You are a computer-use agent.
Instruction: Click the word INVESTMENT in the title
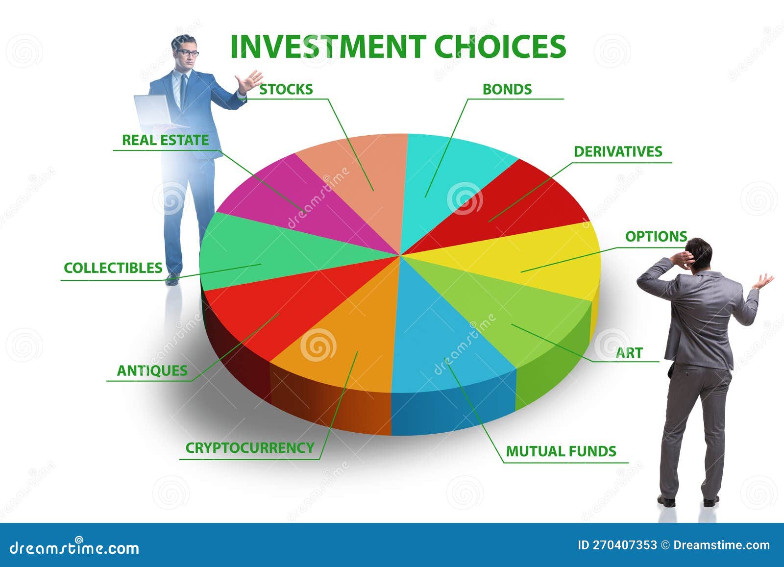point(327,47)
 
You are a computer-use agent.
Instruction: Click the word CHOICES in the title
point(500,47)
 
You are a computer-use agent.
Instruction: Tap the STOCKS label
point(286,89)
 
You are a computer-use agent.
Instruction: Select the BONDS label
point(507,89)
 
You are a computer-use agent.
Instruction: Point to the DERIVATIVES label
point(617,151)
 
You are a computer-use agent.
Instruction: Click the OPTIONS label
point(656,236)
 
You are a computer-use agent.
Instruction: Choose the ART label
point(629,352)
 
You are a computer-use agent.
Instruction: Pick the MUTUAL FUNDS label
point(561,451)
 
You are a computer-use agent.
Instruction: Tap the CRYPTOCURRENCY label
point(249,447)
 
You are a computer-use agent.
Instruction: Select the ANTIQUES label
point(152,370)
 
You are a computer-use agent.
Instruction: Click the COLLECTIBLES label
point(113,268)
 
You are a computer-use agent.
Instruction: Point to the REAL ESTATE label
point(165,140)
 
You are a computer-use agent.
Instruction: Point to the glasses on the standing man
point(188,52)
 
